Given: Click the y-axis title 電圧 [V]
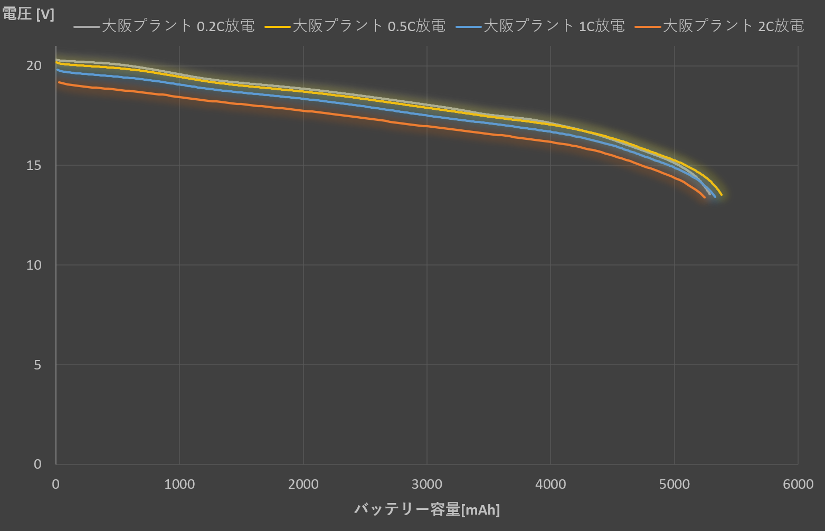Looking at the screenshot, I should tap(28, 14).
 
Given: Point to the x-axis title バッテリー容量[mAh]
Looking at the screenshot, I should tap(427, 509).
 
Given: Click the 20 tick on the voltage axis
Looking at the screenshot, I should tap(34, 66).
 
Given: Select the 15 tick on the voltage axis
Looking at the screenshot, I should tap(34, 166).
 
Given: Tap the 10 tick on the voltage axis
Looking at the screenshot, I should tap(34, 265).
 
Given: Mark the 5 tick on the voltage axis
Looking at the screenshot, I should tap(37, 365).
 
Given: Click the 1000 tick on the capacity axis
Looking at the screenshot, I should tap(179, 485).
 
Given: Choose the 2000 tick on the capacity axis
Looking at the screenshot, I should tap(303, 485).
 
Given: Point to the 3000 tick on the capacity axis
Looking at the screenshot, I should tap(427, 485).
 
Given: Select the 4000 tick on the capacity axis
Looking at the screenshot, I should tap(551, 485).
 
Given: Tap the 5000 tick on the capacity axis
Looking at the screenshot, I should tap(674, 485).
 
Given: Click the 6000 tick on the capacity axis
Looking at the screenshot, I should tap(798, 485).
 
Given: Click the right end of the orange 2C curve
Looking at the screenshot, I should tap(704, 197).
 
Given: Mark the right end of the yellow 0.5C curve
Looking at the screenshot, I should tap(721, 195).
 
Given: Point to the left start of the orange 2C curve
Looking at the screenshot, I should tap(59, 82).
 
